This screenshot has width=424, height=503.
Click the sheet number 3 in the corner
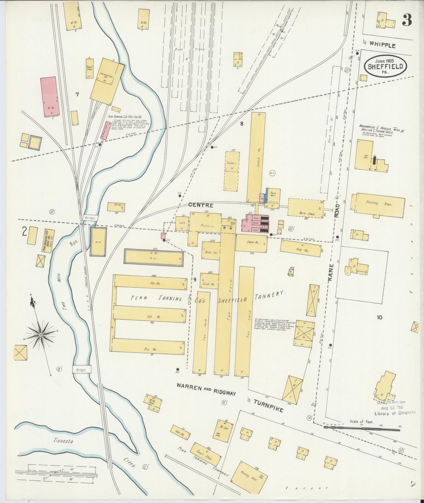[407, 20]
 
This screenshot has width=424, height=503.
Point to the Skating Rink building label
[380, 203]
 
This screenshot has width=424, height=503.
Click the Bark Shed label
[307, 214]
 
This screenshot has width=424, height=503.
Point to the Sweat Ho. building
[251, 243]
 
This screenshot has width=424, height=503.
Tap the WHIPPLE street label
[382, 45]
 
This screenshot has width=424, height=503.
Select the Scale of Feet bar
[362, 429]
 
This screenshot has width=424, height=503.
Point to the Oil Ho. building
[116, 207]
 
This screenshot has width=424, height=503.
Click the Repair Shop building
[89, 68]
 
